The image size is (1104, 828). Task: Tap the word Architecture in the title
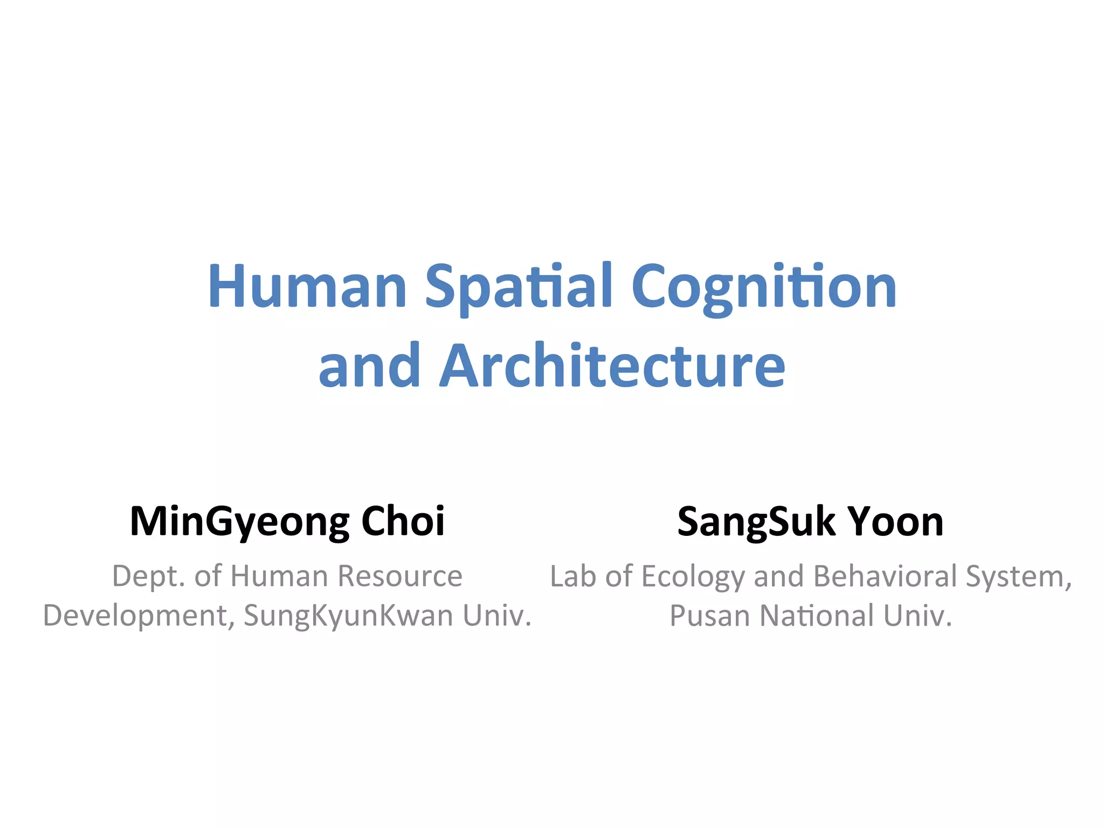click(x=612, y=366)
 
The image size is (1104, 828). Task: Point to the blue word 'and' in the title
click(x=369, y=366)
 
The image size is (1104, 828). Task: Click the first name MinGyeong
click(x=240, y=522)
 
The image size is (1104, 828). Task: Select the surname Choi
click(x=403, y=522)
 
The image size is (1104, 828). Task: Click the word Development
click(x=139, y=616)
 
